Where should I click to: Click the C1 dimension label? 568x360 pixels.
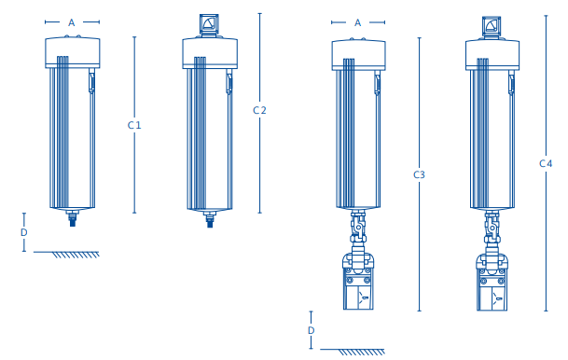[134, 125]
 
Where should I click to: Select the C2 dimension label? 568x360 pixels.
[260, 110]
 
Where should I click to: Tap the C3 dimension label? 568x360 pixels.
[420, 174]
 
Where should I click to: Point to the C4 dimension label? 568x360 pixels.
[547, 163]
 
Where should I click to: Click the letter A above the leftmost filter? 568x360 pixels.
[72, 21]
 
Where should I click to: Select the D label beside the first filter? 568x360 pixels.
[24, 232]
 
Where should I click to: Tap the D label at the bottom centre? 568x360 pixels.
[311, 330]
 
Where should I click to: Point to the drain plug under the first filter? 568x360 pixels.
[72, 220]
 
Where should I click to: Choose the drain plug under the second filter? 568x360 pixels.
[210, 221]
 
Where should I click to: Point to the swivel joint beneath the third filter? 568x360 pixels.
[358, 227]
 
